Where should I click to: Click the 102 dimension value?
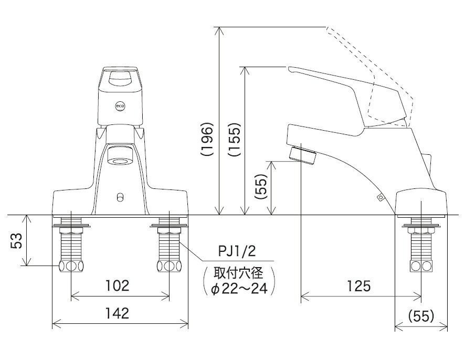[x=117, y=286]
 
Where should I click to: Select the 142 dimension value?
[x=117, y=313]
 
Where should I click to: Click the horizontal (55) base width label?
[x=421, y=315]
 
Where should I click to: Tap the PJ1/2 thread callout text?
[x=237, y=252]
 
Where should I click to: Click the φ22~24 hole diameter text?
[x=239, y=288]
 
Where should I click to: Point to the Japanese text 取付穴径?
[x=239, y=273]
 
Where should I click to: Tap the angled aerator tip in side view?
[x=303, y=154]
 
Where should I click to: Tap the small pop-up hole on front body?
[x=120, y=197]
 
